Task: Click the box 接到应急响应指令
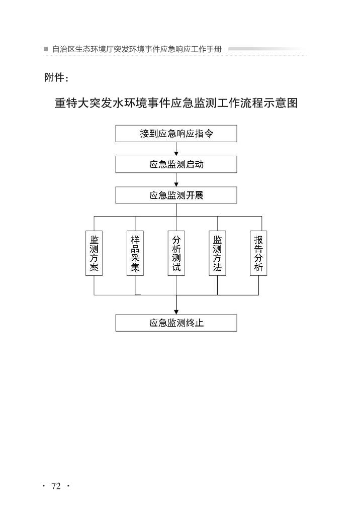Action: coord(176,134)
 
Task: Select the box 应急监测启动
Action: coord(176,164)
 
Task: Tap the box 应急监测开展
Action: coord(176,195)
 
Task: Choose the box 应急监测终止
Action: coord(176,323)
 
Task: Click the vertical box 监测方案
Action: coord(94,253)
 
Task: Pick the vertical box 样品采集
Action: coord(135,253)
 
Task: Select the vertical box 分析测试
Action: coord(176,253)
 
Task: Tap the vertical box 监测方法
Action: coord(217,253)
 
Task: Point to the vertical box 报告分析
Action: coord(258,253)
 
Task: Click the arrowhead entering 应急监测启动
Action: coord(176,154)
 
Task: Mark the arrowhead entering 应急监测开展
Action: coord(176,184)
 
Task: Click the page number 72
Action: coord(56,486)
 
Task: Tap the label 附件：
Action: coord(56,78)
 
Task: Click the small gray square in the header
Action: coord(46,49)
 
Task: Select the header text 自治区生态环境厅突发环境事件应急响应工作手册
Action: coord(137,49)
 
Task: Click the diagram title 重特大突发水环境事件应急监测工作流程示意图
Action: coord(176,103)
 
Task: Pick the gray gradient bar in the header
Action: coord(267,49)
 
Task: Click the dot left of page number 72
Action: coord(44,486)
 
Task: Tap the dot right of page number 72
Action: coord(68,486)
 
